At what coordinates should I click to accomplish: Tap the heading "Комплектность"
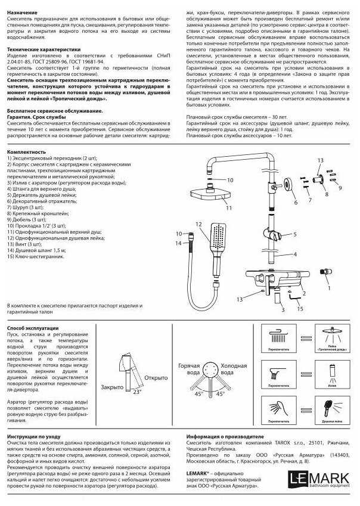click(26, 152)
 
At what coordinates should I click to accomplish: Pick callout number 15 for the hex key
click(300, 309)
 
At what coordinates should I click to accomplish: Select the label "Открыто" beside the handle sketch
click(156, 377)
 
